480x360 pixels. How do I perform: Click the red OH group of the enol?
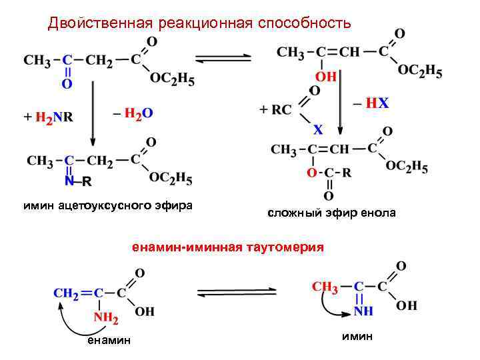tap(325, 77)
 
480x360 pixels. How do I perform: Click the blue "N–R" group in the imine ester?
tap(78, 181)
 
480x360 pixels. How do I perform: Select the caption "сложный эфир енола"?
tap(331, 213)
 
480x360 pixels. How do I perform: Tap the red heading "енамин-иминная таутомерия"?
tap(227, 247)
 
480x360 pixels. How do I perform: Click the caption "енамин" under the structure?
tap(109, 341)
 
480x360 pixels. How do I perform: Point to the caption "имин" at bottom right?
tap(357, 336)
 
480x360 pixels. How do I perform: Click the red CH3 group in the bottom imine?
tap(325, 287)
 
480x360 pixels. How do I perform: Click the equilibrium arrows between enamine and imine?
tap(237, 292)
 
